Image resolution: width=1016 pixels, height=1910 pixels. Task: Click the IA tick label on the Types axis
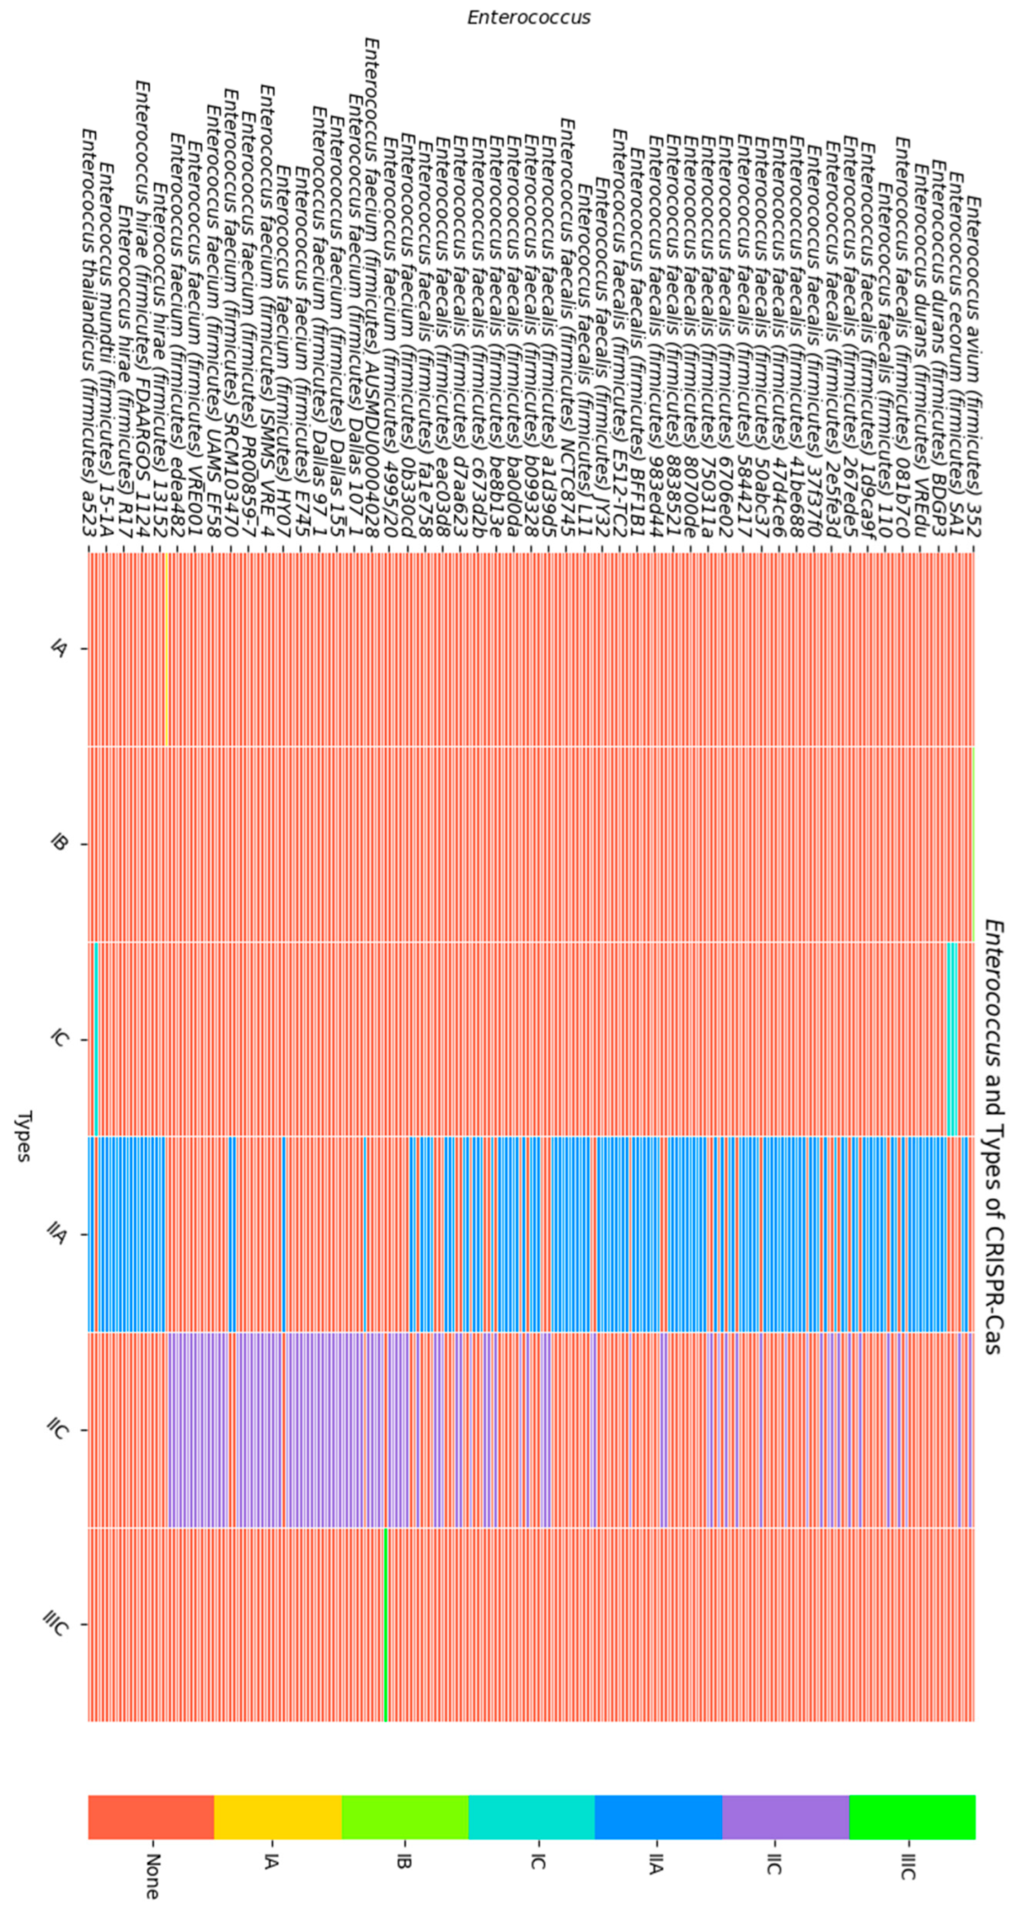tap(59, 649)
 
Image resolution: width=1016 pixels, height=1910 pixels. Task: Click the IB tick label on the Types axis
tap(59, 844)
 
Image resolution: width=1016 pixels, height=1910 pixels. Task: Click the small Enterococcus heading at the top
tap(528, 18)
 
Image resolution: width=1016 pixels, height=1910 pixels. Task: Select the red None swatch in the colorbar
tap(151, 1817)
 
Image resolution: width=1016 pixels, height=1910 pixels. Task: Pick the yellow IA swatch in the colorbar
tap(278, 1817)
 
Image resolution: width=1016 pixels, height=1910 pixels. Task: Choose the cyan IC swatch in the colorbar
tap(531, 1817)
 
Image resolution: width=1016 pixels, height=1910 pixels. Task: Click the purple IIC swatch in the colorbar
tap(786, 1817)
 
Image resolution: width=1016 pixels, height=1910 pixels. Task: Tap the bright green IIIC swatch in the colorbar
tap(912, 1817)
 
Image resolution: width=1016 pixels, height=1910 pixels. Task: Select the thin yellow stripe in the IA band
tap(167, 649)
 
